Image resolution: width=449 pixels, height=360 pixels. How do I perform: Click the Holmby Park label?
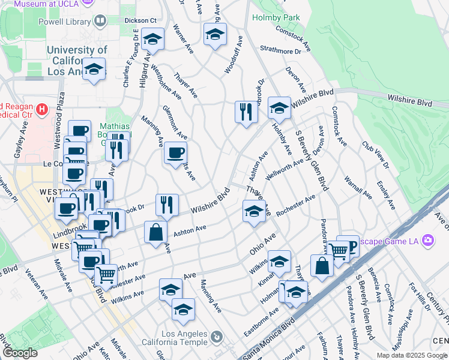point(276,17)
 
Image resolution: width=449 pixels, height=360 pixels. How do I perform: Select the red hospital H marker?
point(42,109)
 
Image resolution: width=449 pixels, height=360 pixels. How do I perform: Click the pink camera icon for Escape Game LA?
point(427,241)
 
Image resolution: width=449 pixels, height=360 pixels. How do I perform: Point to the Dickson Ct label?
point(140,20)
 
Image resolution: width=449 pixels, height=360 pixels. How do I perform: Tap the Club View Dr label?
point(376,155)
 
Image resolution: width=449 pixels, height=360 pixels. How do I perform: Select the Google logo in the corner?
point(20,353)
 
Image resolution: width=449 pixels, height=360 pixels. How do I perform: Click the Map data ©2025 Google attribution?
point(411,355)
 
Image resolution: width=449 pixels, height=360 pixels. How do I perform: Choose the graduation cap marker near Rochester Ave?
point(254,211)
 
